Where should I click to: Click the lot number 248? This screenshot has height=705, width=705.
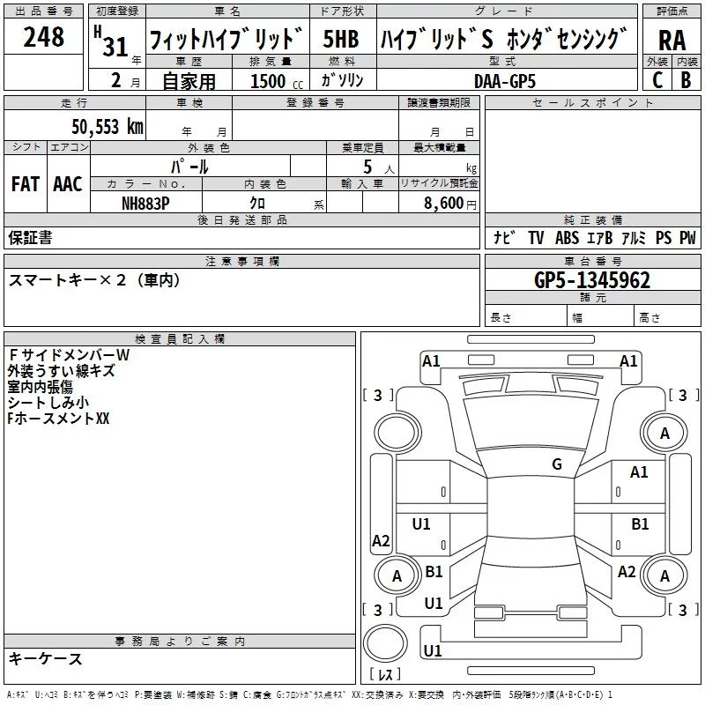[x=43, y=37]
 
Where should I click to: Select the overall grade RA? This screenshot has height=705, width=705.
[x=672, y=40]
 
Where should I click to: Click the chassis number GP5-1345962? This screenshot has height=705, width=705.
[x=592, y=280]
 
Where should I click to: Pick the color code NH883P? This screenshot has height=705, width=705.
[x=146, y=203]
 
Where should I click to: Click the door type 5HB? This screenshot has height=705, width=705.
[x=340, y=40]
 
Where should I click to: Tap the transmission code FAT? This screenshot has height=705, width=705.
[x=25, y=183]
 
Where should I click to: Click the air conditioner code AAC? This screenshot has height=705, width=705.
[x=67, y=183]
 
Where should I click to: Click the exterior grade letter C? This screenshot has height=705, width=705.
[x=657, y=79]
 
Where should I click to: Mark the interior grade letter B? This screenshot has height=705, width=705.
[x=686, y=79]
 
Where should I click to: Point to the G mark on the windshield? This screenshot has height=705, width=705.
[x=557, y=464]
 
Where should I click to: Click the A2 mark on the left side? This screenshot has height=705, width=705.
[x=381, y=540]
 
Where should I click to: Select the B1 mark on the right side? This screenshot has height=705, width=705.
[x=640, y=523]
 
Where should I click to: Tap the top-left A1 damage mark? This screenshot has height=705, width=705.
[x=431, y=360]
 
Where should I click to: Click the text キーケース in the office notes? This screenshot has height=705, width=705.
[x=45, y=658]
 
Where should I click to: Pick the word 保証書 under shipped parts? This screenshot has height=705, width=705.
[x=30, y=237]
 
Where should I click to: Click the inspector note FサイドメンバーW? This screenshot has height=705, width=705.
[x=69, y=354]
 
